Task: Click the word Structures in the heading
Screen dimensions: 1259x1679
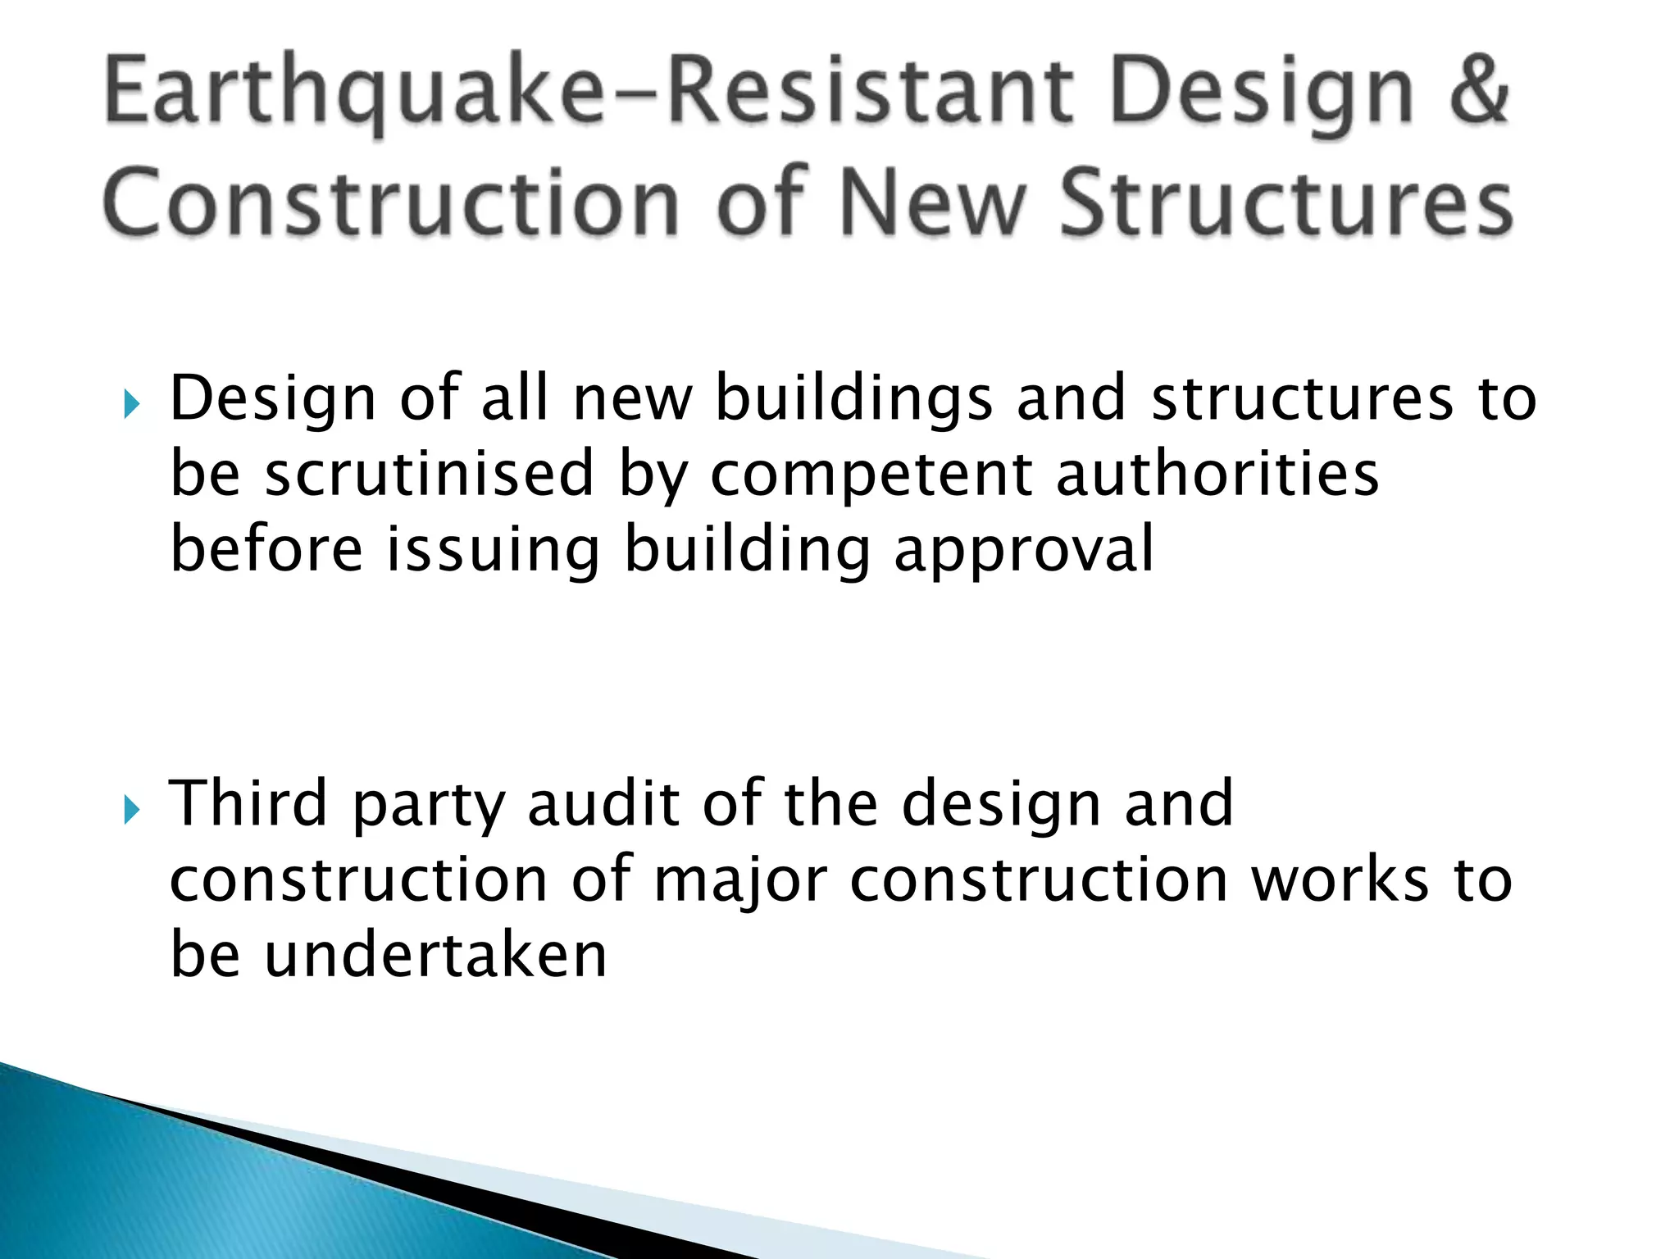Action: (x=1285, y=202)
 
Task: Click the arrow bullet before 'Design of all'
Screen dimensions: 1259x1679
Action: (x=132, y=403)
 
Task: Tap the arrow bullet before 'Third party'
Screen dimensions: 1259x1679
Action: (x=132, y=810)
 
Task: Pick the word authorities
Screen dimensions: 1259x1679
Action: (x=1217, y=474)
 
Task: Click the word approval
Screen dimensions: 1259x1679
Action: (x=1024, y=551)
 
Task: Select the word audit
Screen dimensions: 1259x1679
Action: (x=603, y=803)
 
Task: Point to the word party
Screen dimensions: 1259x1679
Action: (x=427, y=807)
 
